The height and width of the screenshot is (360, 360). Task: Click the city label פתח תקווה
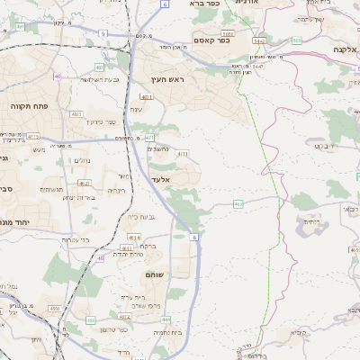[28, 105]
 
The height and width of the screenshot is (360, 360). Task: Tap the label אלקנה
[346, 49]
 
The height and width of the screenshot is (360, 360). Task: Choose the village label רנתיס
[311, 220]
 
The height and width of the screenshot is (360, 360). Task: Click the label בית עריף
[131, 296]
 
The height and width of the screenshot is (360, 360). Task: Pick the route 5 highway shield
[103, 32]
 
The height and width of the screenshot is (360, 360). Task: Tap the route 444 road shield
[166, 319]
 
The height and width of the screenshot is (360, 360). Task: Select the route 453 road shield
[90, 319]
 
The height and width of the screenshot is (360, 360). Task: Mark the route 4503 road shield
[54, 309]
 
